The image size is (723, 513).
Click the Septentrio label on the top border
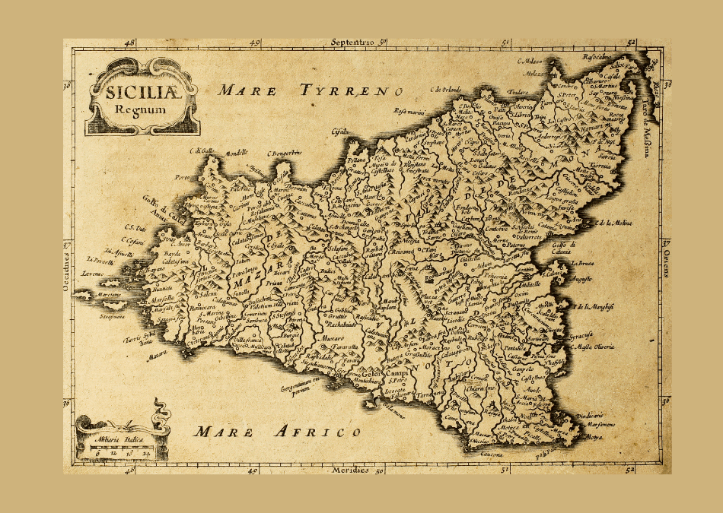(355, 43)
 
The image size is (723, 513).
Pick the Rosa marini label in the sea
(409, 111)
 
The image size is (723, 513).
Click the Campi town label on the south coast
(397, 375)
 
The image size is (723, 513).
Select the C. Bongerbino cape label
(285, 152)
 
